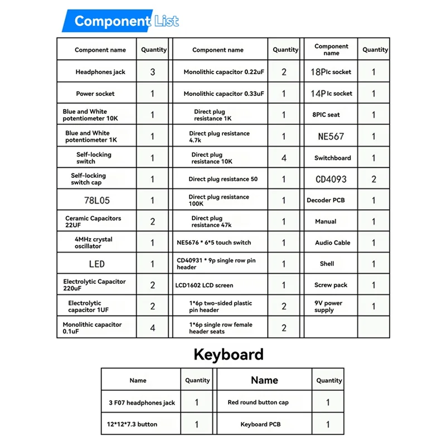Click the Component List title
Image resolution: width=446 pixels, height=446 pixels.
click(126, 22)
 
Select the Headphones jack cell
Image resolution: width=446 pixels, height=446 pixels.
click(100, 72)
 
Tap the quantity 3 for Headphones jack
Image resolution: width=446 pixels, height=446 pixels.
click(153, 72)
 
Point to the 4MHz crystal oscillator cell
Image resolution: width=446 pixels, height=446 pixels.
click(93, 243)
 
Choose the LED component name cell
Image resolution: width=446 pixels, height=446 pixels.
click(96, 264)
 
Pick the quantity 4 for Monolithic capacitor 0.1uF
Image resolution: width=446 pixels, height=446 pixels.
click(153, 328)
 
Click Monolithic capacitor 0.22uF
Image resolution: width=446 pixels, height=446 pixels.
click(223, 72)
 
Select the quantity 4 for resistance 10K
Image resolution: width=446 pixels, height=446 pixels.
click(284, 158)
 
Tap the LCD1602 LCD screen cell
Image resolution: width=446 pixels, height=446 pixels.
click(205, 285)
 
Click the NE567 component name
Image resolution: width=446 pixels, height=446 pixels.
click(331, 137)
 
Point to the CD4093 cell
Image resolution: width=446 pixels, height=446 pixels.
click(331, 179)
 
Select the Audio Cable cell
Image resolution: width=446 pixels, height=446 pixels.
click(332, 243)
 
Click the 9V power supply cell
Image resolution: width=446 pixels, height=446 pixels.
click(328, 307)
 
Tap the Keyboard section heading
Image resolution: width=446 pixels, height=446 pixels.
click(228, 355)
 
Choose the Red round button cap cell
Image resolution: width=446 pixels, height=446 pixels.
click(258, 402)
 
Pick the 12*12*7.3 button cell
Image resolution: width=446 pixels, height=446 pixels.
click(133, 424)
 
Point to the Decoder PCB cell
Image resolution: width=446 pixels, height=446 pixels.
click(326, 200)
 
